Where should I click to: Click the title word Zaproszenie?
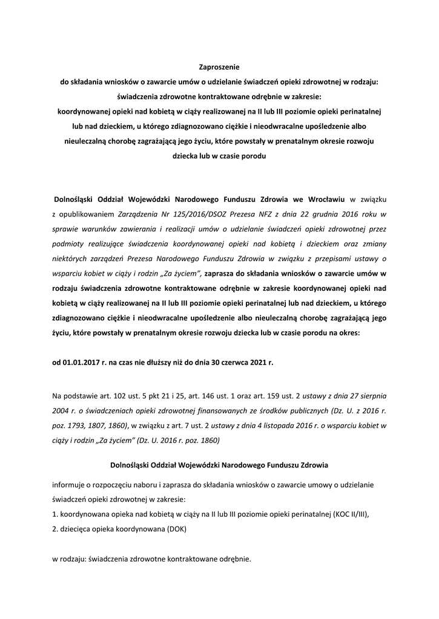[219, 67]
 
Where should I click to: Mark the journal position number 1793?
[79, 426]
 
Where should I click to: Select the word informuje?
[70, 485]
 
